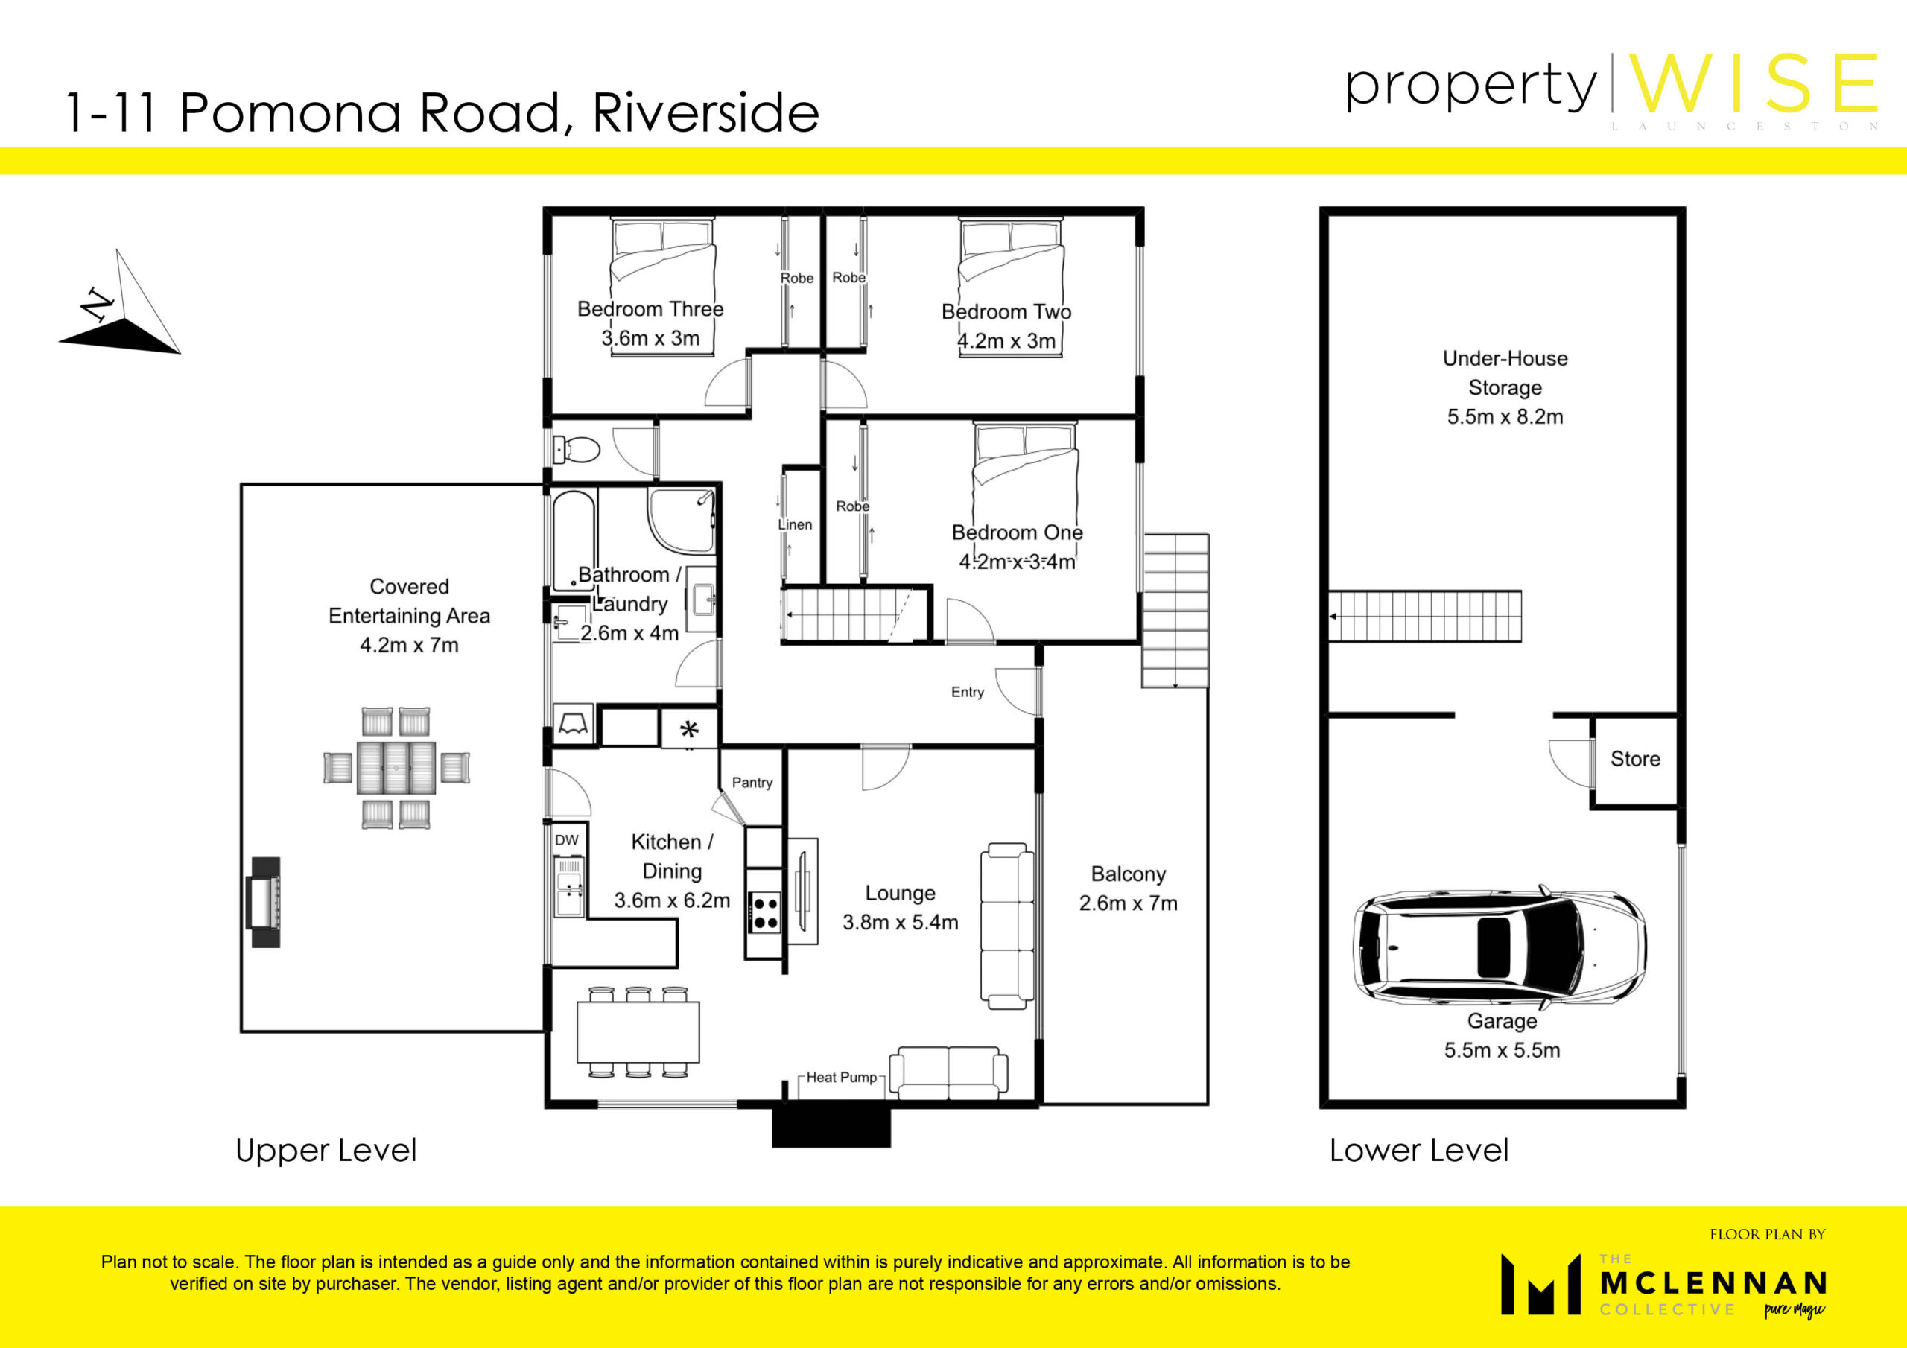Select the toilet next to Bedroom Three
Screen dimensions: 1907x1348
[577, 450]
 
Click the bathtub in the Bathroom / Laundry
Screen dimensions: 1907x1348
[574, 540]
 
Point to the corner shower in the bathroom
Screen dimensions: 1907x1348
[681, 521]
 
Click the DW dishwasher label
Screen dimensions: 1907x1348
[566, 839]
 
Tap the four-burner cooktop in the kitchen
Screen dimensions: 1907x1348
[765, 912]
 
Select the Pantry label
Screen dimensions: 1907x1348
[752, 783]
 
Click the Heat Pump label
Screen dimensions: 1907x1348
[841, 1077]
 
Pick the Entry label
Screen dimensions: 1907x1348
[968, 692]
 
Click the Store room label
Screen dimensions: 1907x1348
[1635, 758]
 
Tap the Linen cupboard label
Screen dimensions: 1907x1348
[795, 525]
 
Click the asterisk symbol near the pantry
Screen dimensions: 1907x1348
[689, 730]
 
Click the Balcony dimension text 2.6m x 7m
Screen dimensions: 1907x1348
[1128, 903]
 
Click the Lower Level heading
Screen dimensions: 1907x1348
[1418, 1151]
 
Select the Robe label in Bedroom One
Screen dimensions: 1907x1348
[852, 506]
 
